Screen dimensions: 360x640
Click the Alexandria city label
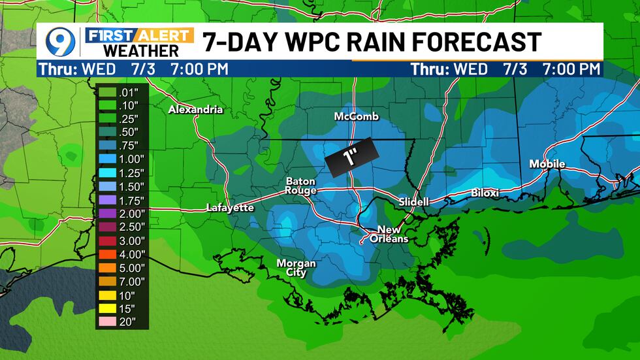[195, 110]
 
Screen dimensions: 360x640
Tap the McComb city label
[356, 117]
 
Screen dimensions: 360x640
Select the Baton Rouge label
[300, 186]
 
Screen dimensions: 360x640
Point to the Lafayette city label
[230, 208]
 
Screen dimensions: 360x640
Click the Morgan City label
[296, 268]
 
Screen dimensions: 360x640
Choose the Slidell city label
[414, 203]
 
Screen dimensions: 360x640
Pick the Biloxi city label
[485, 193]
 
